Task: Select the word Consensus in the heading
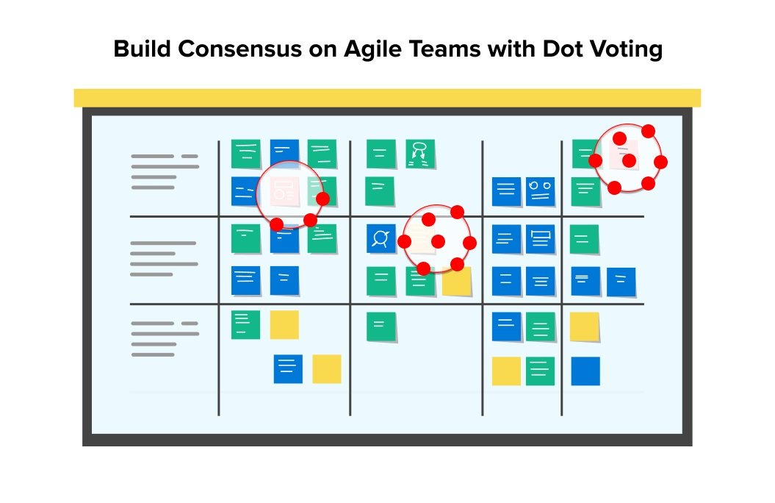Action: (x=239, y=49)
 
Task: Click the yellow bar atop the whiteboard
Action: (x=387, y=98)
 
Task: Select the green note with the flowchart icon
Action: (x=420, y=154)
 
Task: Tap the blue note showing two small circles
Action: (x=540, y=191)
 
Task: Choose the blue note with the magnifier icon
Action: (x=381, y=238)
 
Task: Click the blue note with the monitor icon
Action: (x=540, y=239)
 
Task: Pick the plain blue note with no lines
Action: (x=585, y=371)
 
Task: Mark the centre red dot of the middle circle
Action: (x=438, y=241)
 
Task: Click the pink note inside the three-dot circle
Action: (x=285, y=191)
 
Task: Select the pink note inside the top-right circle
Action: (x=623, y=154)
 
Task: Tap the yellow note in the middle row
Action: (x=456, y=281)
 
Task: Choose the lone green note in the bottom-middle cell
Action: (x=381, y=327)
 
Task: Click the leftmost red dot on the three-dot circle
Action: (x=276, y=224)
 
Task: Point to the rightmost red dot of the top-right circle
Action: (x=660, y=162)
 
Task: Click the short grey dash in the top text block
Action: (x=190, y=157)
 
